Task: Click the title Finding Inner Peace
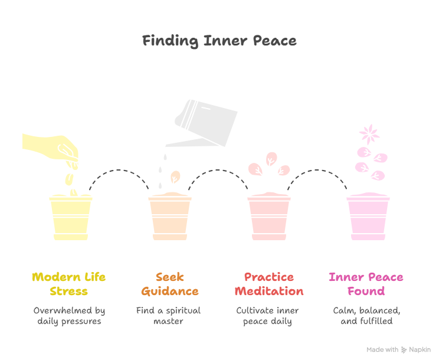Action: (x=219, y=41)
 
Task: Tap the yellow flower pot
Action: (x=71, y=217)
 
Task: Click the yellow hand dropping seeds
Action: (x=50, y=148)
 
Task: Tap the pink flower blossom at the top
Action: (x=369, y=134)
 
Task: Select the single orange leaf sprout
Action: (x=175, y=177)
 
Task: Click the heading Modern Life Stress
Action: (x=69, y=284)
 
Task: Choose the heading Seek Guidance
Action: (x=170, y=284)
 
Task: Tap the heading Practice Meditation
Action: (x=269, y=284)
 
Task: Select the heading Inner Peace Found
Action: (x=366, y=284)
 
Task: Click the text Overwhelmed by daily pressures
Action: (x=69, y=316)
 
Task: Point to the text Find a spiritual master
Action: (x=169, y=316)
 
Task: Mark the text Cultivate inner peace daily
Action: (x=267, y=316)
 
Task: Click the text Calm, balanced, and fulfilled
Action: (x=367, y=316)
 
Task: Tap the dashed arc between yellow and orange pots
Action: (x=119, y=170)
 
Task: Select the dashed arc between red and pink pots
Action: (x=317, y=170)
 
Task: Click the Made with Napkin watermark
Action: (x=399, y=349)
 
